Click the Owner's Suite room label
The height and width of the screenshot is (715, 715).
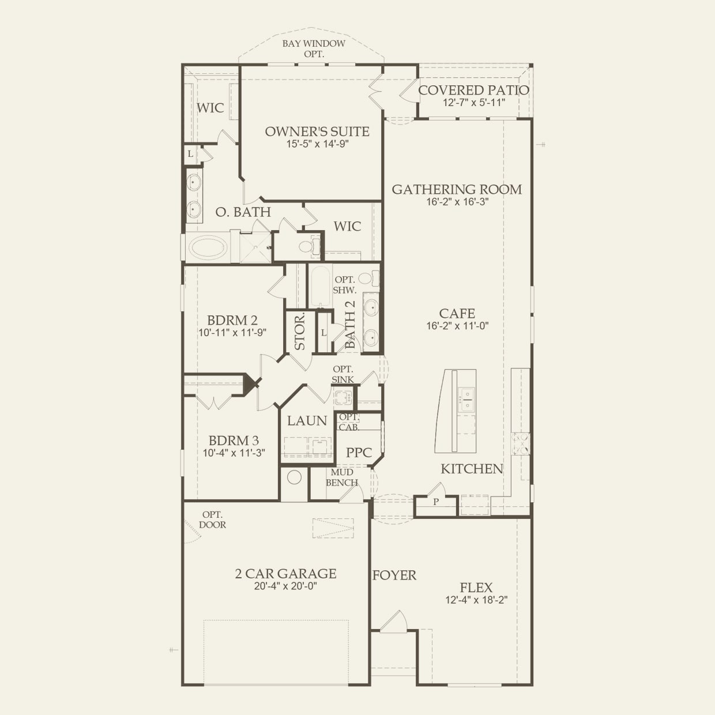click(317, 131)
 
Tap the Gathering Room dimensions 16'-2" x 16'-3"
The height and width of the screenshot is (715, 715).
click(457, 202)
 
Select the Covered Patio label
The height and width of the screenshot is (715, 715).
click(473, 90)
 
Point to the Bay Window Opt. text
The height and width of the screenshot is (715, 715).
click(314, 48)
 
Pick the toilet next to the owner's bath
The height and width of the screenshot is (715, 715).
click(308, 247)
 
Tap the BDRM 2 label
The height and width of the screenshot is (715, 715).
click(232, 320)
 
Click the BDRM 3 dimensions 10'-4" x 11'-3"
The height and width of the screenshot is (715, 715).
click(234, 453)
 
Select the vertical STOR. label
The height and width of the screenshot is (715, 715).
click(300, 332)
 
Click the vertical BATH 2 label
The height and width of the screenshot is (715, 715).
click(350, 325)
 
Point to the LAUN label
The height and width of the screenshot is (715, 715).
click(307, 421)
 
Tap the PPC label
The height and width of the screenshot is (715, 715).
click(359, 452)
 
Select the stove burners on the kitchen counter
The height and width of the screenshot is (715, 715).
click(521, 444)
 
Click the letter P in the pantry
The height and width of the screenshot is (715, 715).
click(436, 502)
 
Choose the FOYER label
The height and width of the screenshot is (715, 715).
click(394, 575)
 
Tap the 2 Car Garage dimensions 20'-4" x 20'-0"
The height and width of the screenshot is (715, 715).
click(285, 586)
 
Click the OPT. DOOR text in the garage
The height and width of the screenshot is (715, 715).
click(212, 520)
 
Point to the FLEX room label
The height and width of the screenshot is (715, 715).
click(476, 588)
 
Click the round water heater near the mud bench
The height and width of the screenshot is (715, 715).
click(294, 477)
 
